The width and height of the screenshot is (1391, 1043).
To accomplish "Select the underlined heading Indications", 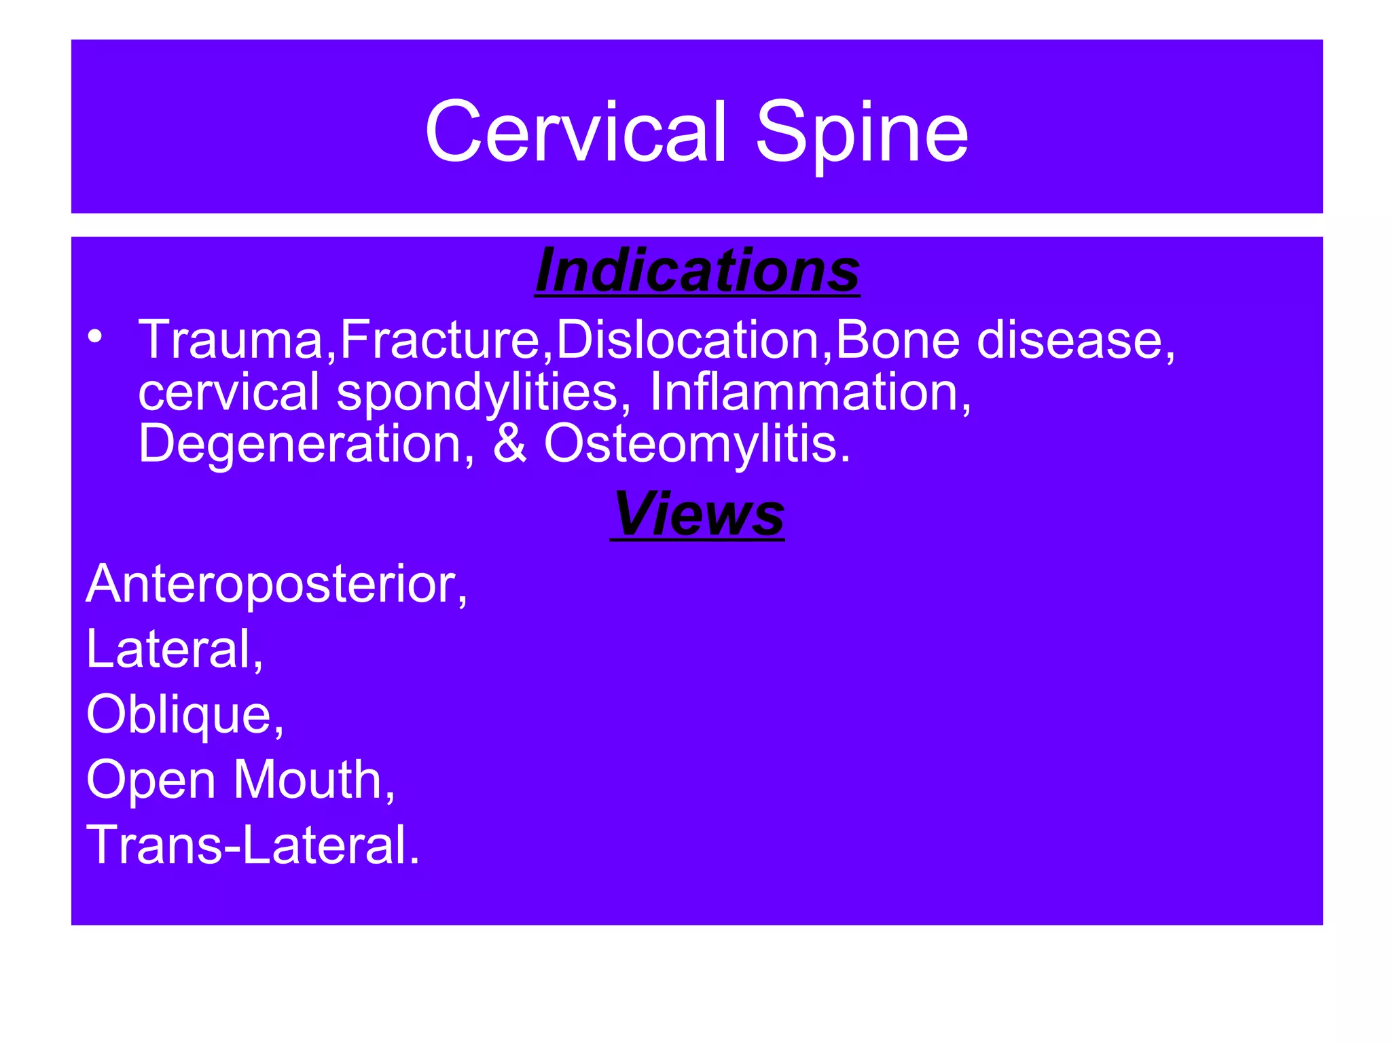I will coord(698,271).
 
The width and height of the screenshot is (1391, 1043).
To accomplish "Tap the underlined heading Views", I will coord(698,514).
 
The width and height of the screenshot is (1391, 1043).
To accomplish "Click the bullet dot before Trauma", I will coord(95,336).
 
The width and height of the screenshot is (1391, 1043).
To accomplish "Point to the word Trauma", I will coord(232,340).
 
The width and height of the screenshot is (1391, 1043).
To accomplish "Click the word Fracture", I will coord(440,340).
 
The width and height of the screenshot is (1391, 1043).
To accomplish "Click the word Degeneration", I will coord(300,443).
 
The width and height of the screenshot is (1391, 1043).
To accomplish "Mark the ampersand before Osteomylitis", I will coord(509,443).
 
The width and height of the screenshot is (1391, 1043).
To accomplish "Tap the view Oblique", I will coord(181,714).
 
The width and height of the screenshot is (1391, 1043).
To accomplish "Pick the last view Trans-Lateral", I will coord(252,845).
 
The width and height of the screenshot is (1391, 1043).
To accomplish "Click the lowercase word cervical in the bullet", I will coord(228,392).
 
